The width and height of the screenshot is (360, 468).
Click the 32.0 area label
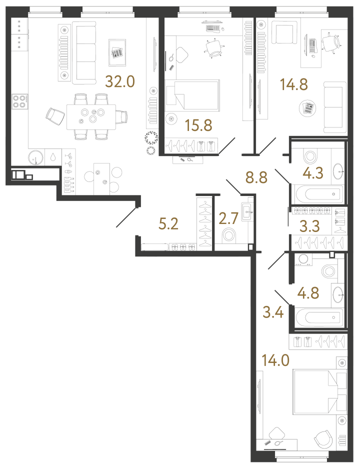[120, 81]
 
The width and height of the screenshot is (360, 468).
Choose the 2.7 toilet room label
[230, 218]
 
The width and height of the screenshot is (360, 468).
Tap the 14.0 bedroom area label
[275, 359]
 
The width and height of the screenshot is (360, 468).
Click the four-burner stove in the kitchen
[19, 101]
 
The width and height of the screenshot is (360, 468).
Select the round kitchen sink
[35, 157]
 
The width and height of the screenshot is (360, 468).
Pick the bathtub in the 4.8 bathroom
[318, 316]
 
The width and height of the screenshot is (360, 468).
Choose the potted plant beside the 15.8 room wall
[150, 138]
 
